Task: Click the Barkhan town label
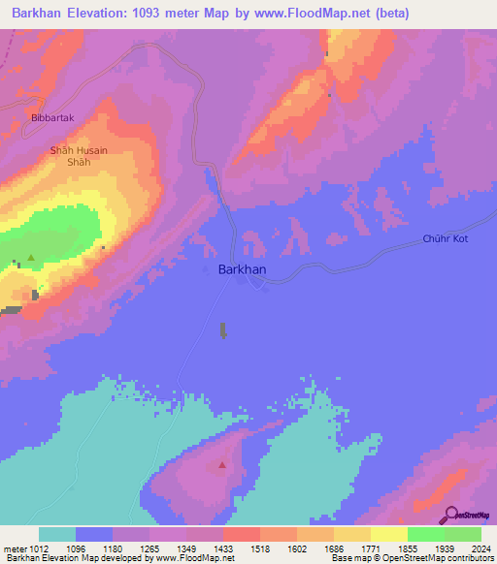[x=243, y=270]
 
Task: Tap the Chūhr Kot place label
[x=446, y=238]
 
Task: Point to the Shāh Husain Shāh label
[x=79, y=156]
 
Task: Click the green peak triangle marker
[x=31, y=258]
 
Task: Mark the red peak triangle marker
[x=222, y=465]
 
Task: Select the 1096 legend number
[x=76, y=549]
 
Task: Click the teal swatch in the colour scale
[x=57, y=534]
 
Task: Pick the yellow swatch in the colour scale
[x=389, y=534]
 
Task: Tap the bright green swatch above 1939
[x=426, y=534]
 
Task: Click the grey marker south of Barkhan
[x=223, y=330]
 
